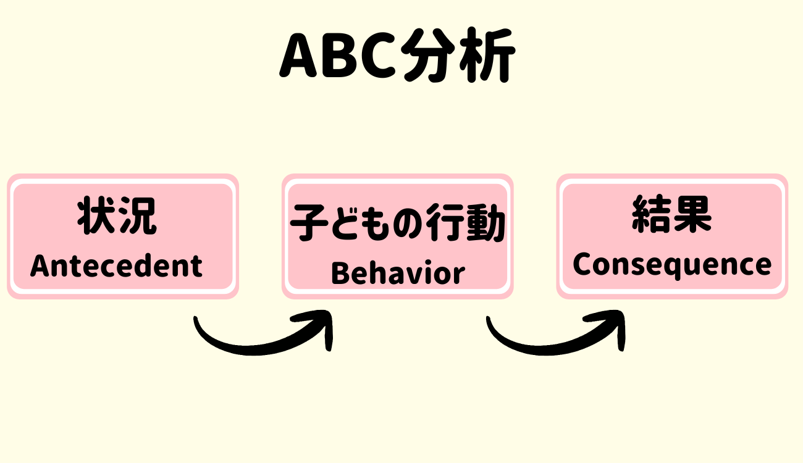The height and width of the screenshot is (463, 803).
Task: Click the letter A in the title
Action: pos(298,56)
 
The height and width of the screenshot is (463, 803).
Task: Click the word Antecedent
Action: pos(116,265)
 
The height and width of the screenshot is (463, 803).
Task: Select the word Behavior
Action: pos(398,273)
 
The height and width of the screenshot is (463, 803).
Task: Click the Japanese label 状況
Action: pos(117,215)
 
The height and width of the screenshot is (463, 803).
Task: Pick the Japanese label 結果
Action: pos(672,214)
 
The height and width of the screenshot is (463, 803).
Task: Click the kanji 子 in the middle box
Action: pos(309,222)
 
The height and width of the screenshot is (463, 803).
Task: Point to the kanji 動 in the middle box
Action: pos(486,222)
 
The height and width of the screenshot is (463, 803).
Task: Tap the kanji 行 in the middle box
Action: pos(445,222)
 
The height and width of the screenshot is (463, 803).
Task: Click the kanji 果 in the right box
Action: pos(692,214)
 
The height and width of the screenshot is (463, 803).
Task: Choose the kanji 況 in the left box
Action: pos(138,215)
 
